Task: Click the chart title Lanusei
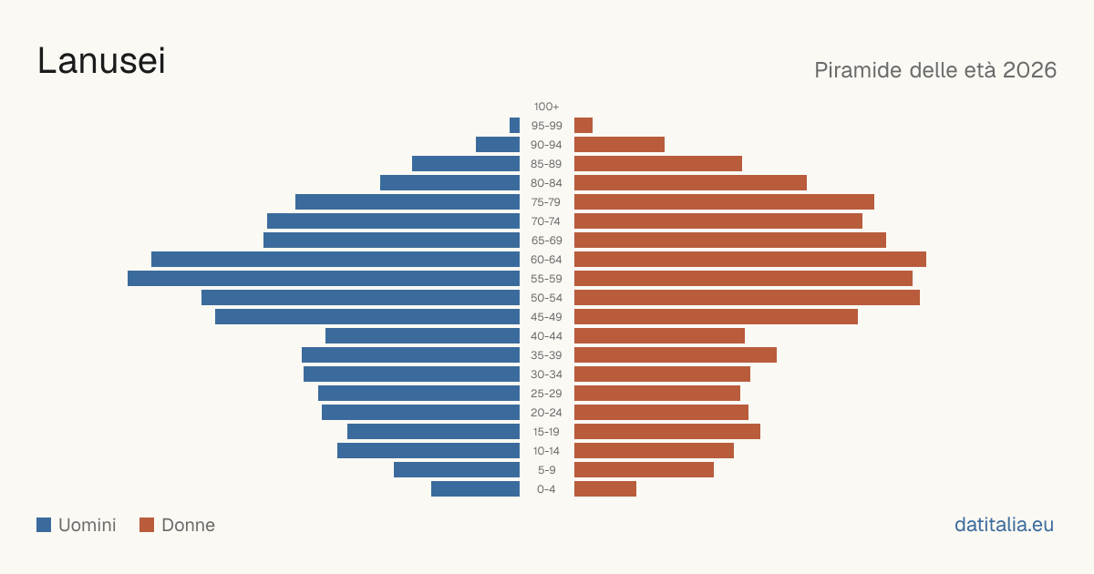click(x=101, y=61)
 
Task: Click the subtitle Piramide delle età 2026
click(x=935, y=70)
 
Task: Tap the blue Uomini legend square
click(x=44, y=525)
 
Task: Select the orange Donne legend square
click(x=147, y=525)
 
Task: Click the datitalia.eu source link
click(x=1004, y=525)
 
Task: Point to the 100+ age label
click(x=546, y=107)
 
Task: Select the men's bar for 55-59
click(x=324, y=278)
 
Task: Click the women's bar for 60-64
click(x=750, y=259)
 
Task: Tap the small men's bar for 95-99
click(x=515, y=126)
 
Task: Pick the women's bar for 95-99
click(x=583, y=126)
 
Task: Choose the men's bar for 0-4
click(x=475, y=489)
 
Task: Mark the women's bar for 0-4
click(x=605, y=489)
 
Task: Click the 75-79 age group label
click(x=546, y=202)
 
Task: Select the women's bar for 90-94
click(x=619, y=145)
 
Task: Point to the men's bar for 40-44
click(x=422, y=336)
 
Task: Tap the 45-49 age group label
click(x=546, y=317)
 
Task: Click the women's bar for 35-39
click(x=676, y=354)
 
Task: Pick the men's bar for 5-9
click(x=457, y=470)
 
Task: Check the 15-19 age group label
click(x=546, y=432)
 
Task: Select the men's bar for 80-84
click(x=449, y=183)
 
